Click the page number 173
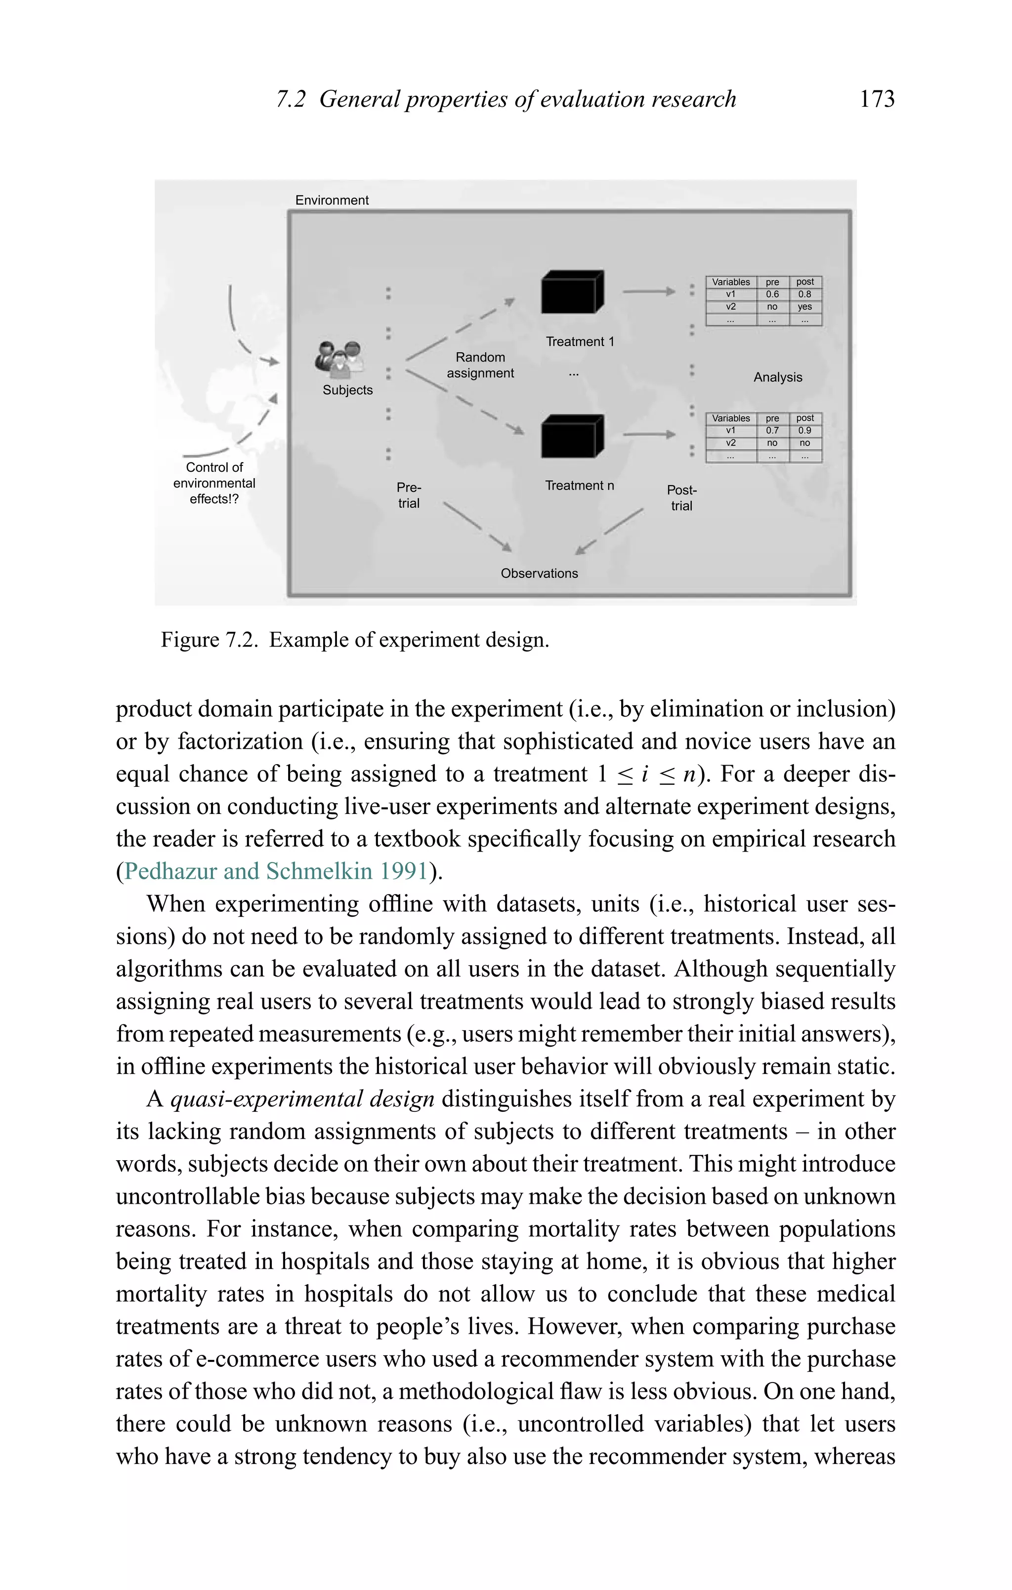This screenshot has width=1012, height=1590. pos(877,99)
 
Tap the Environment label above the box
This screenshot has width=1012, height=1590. pos(332,200)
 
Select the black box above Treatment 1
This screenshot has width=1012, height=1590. pos(571,292)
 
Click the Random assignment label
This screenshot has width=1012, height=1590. pos(480,365)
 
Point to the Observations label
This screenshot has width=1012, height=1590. pos(539,573)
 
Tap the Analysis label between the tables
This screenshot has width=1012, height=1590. pos(777,377)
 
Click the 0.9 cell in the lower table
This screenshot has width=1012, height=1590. pos(804,431)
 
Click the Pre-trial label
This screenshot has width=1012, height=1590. pos(409,495)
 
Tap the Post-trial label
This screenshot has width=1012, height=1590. pos(682,498)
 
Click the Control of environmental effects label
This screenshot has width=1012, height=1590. pos(214,483)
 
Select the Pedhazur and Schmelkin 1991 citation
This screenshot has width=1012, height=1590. pos(276,872)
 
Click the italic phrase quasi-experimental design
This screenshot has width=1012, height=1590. pos(302,1099)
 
